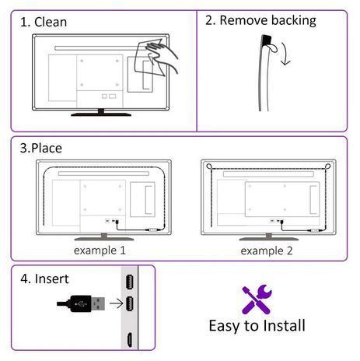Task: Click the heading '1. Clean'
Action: [44, 22]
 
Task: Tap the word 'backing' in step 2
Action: [294, 21]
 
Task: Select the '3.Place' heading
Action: [41, 148]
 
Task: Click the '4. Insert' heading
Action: [44, 279]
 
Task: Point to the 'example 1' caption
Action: [100, 251]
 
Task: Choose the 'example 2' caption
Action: [267, 251]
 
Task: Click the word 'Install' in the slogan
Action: [284, 325]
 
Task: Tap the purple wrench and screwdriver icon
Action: [257, 300]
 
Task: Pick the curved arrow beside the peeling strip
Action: [286, 54]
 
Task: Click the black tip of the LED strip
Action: [266, 40]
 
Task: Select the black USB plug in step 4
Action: [81, 303]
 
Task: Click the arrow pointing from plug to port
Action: [116, 303]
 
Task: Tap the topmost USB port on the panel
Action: [130, 282]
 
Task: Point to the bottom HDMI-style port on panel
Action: [130, 339]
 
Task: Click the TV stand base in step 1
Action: [101, 114]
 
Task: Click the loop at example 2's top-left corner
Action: [209, 166]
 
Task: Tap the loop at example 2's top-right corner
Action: [327, 166]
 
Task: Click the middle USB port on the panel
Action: [130, 303]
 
